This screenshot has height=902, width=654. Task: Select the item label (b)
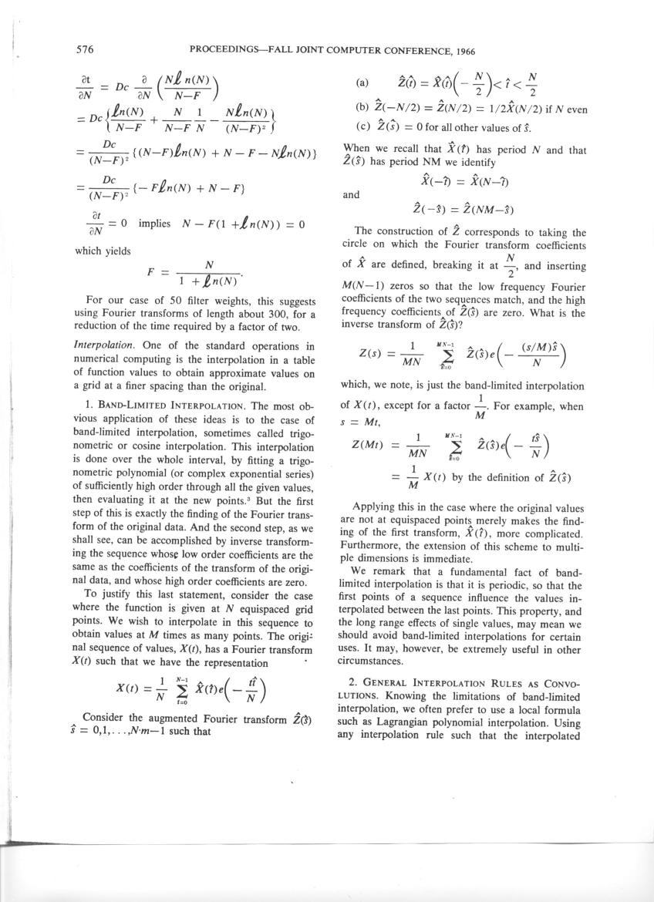pos(362,109)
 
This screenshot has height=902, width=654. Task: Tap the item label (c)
pos(362,126)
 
